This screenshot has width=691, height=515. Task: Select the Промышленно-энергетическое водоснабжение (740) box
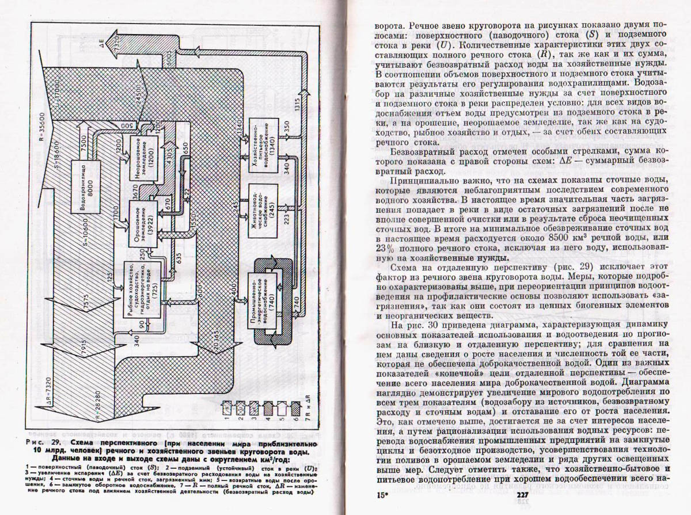(261, 302)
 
